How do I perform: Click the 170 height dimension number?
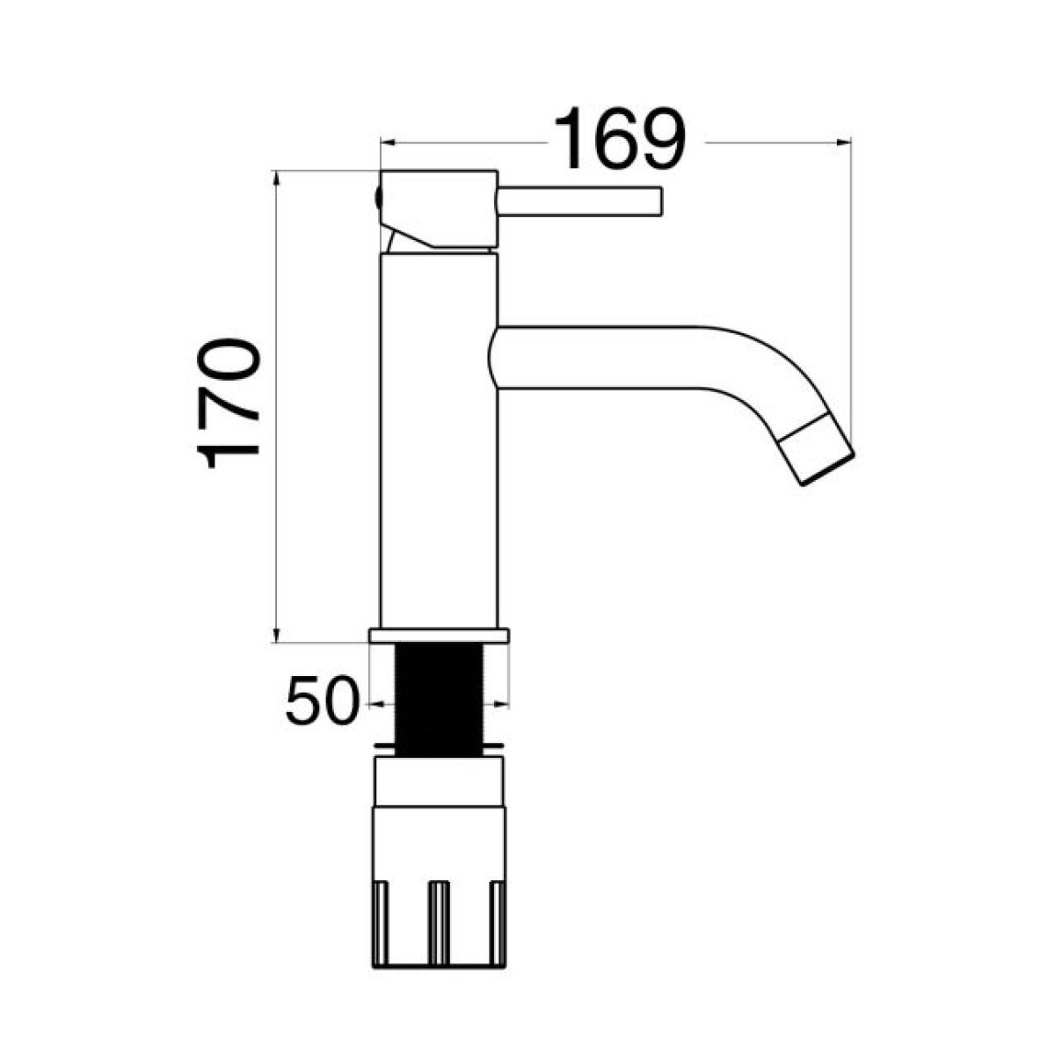227,404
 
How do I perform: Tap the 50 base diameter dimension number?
322,701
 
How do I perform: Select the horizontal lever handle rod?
579,201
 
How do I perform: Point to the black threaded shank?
439,700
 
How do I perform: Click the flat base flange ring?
439,635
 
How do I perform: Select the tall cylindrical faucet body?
439,440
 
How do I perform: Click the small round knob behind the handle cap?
376,198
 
